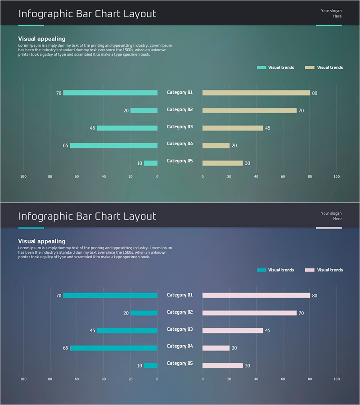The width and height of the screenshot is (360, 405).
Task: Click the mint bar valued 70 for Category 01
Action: [110, 93]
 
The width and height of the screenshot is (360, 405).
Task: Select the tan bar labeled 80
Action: [256, 93]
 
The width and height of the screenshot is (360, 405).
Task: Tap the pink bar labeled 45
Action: [233, 331]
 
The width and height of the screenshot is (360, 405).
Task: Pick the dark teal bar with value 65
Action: [114, 348]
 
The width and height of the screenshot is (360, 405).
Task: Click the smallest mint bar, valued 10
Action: [151, 163]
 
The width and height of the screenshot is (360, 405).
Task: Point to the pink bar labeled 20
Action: [216, 348]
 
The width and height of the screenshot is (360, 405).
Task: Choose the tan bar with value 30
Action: [223, 163]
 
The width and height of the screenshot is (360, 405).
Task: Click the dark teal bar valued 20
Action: [144, 313]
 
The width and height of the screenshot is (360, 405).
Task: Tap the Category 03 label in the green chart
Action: [180, 127]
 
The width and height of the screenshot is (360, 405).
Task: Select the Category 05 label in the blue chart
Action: [180, 364]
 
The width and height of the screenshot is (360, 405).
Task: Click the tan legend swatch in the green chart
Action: [310, 67]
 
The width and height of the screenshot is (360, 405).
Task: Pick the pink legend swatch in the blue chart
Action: [310, 270]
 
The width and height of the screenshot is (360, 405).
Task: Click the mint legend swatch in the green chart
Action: [261, 67]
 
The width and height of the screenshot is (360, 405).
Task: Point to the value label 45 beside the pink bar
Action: [268, 331]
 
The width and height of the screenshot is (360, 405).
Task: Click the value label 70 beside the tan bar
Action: [301, 111]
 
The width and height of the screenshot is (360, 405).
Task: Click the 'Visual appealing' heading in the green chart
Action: [42, 39]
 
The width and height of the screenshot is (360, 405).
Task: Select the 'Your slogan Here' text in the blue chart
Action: [331, 216]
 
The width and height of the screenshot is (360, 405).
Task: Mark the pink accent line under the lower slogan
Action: [328, 228]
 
